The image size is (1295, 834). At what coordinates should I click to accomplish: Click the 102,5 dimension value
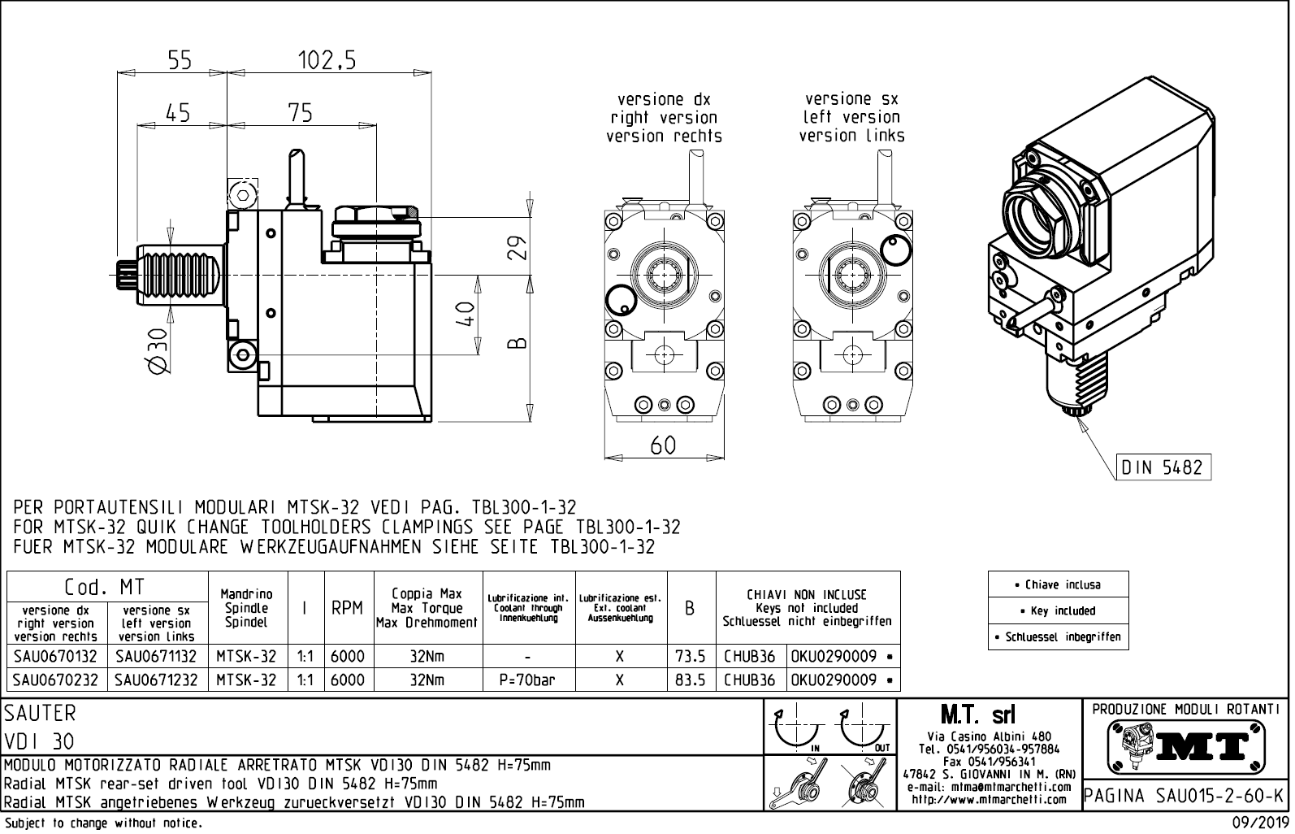point(327,61)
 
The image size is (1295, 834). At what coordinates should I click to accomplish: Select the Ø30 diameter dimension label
point(158,352)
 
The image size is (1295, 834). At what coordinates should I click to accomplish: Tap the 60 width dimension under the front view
point(663,445)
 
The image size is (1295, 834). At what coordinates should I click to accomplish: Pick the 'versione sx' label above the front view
point(851,99)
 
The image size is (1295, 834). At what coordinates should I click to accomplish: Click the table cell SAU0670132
point(56,657)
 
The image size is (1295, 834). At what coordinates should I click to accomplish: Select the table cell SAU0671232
point(156,680)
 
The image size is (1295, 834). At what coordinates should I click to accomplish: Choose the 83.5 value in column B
point(690,680)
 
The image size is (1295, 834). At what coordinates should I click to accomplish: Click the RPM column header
point(347,608)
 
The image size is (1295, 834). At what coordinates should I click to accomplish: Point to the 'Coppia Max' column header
point(427,594)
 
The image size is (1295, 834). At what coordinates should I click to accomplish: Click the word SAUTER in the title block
point(40,714)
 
